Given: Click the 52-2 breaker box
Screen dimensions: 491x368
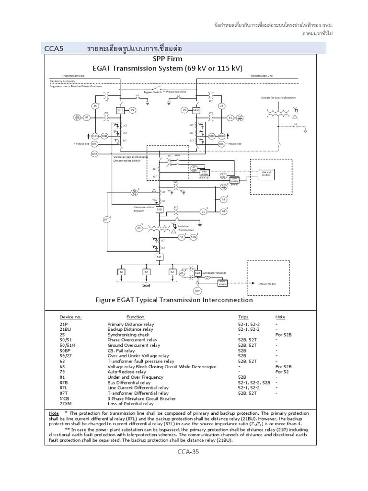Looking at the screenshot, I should coord(196,110).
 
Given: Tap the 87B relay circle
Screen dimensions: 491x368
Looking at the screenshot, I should coord(94,153).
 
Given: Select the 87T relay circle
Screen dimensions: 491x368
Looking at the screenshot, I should coord(107,220).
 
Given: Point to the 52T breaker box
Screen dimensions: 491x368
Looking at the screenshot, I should coord(159,257).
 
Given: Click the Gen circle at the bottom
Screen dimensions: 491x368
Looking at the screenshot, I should coord(197,291).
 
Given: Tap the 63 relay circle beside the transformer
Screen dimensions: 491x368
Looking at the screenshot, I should coord(139,228).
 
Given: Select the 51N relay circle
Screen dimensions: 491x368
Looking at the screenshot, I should coord(193,237).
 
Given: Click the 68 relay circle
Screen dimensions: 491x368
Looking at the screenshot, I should coord(223,199).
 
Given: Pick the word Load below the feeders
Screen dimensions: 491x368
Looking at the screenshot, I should coord(146,285).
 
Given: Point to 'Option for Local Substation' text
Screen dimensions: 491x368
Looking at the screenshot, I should coord(278,97).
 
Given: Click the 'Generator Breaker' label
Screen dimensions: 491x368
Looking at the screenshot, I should coord(214,272).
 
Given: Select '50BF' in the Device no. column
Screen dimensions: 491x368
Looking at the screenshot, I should coord(66,351).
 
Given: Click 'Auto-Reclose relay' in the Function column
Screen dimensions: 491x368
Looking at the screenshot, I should coord(126,372).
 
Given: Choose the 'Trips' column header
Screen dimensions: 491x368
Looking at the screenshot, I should coord(243,317).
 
